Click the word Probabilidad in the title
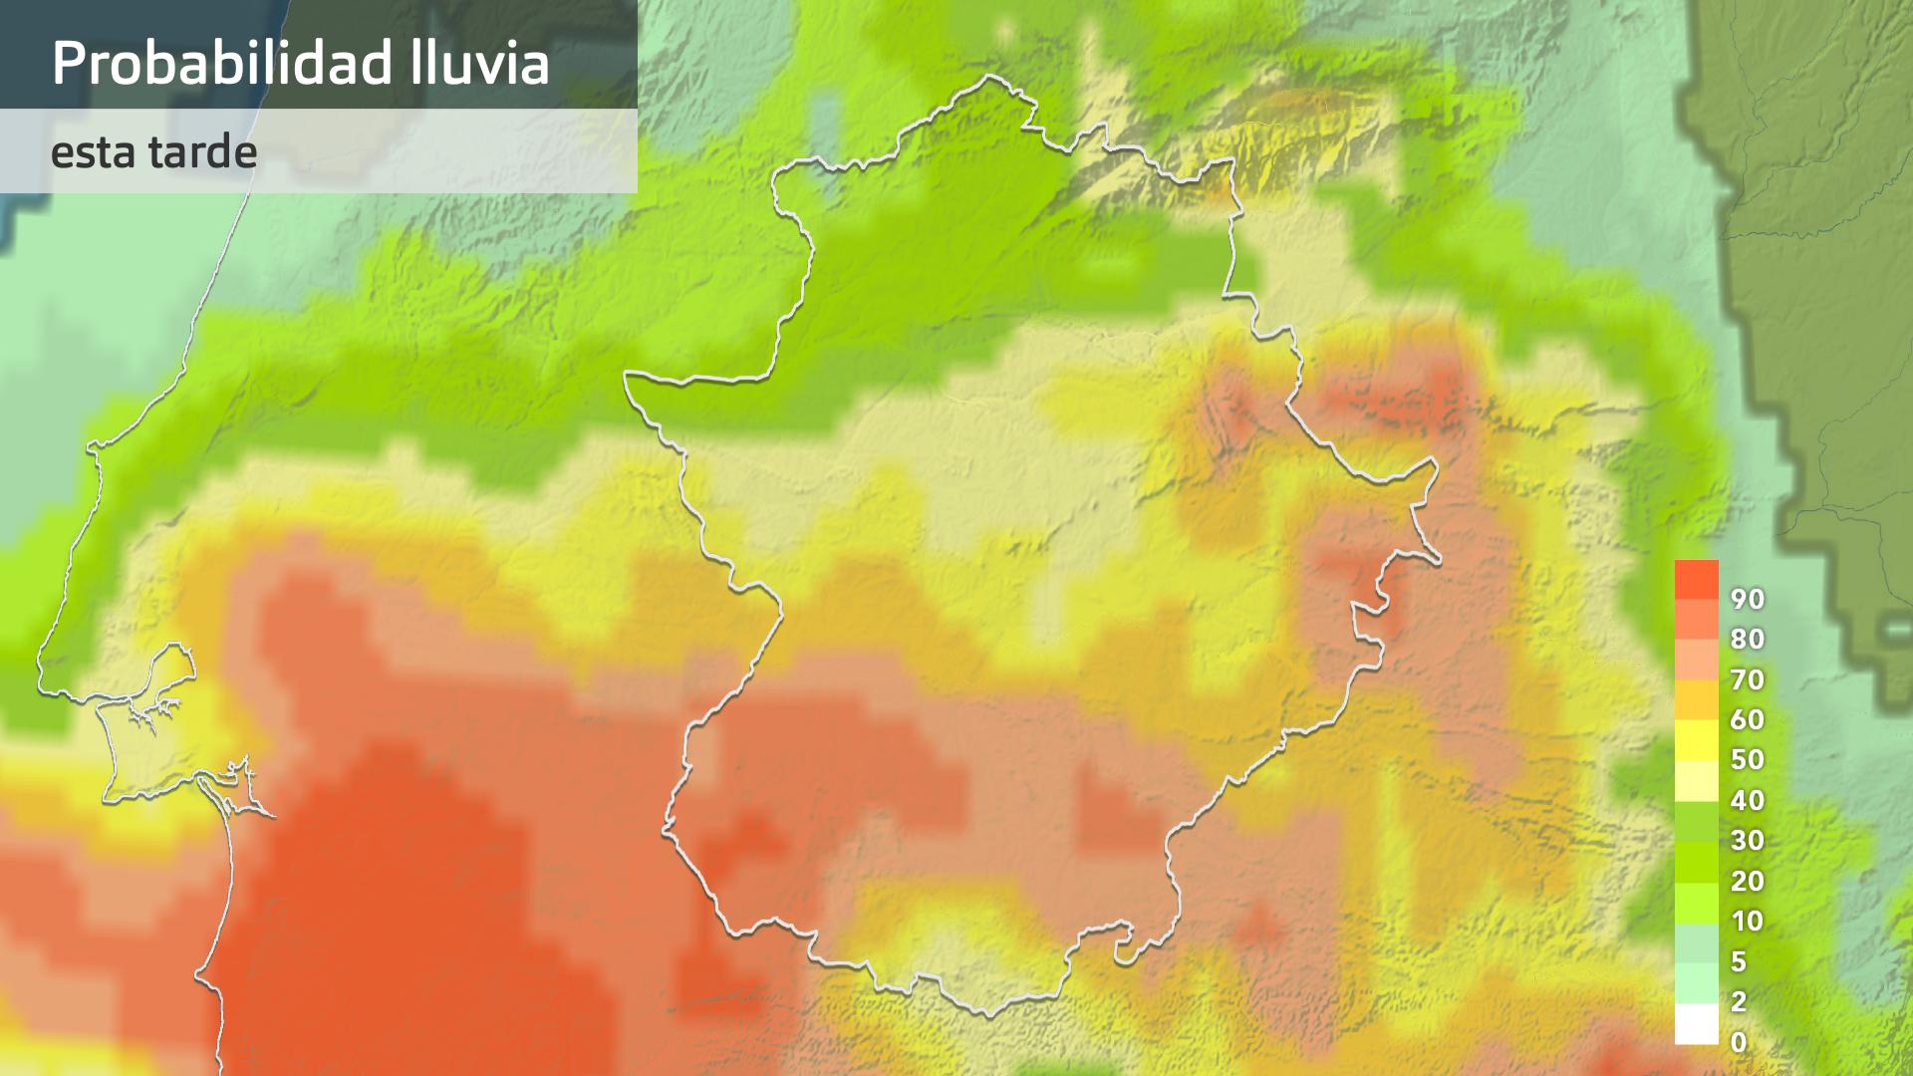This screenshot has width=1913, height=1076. click(x=221, y=63)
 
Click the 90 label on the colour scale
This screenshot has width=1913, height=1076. click(x=1748, y=599)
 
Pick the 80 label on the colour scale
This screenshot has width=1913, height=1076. click(x=1748, y=639)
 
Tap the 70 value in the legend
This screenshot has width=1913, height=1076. click(x=1748, y=679)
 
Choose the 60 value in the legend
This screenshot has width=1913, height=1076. click(x=1748, y=719)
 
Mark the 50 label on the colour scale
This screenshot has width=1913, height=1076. click(x=1748, y=759)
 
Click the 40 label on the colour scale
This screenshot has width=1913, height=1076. click(x=1748, y=800)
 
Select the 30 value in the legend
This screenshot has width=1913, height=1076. click(x=1748, y=840)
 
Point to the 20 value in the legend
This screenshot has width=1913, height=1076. click(x=1748, y=881)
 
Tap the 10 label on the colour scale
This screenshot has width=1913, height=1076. click(x=1748, y=921)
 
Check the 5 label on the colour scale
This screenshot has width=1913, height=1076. click(x=1739, y=961)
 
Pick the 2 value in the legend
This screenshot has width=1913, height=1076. click(x=1739, y=1001)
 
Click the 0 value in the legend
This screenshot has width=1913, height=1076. click(x=1739, y=1042)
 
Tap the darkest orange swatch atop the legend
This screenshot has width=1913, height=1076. click(x=1696, y=578)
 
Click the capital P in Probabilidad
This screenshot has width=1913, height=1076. click(x=67, y=63)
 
